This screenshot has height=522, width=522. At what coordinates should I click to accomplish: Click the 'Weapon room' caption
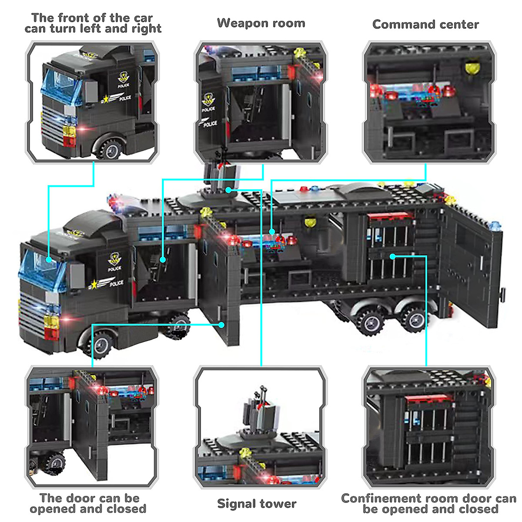261,23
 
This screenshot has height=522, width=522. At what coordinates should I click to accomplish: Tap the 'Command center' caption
425,24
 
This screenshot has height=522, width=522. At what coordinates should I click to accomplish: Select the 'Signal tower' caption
257,504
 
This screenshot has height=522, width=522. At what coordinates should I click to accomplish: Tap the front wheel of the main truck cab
101,344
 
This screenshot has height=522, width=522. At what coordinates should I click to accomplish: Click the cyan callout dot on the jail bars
392,257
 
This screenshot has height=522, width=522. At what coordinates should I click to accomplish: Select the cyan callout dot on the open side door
222,325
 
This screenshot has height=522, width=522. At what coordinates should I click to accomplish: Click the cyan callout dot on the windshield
49,260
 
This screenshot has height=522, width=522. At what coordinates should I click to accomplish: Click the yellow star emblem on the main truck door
93,285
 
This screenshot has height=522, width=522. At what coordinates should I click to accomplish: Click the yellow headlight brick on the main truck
51,321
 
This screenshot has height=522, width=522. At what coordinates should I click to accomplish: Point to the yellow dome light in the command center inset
471,68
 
